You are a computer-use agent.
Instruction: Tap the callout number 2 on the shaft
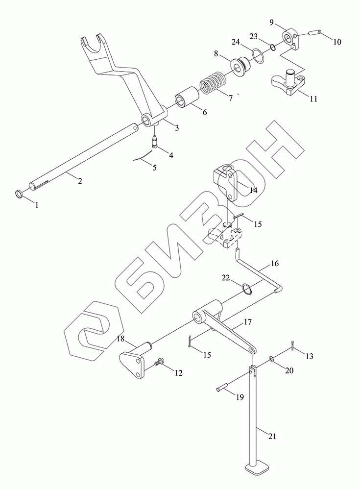(80, 181)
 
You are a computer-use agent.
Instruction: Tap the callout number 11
(313, 98)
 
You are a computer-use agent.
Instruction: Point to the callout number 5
(154, 168)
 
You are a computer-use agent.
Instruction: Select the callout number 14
(252, 190)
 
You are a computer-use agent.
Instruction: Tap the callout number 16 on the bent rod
(274, 264)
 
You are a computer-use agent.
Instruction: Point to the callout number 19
(240, 398)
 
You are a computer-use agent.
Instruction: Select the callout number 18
(120, 339)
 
